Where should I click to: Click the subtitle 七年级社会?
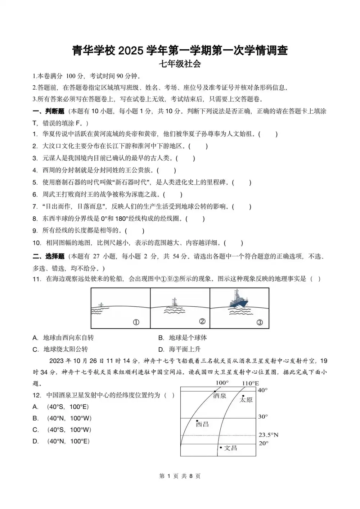pos(180,64)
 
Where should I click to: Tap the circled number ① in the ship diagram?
pos(136,322)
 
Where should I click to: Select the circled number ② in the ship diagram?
pos(202,321)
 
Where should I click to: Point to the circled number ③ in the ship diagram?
pos(260,322)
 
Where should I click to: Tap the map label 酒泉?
pos(220,396)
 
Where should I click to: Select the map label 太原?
pos(246,400)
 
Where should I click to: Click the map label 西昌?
pos(202,424)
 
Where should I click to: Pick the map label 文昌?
pos(230,448)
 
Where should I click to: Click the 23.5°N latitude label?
pos(269,435)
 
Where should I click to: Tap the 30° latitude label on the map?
pos(263,416)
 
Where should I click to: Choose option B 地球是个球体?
pos(183,338)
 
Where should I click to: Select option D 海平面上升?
pos(180,349)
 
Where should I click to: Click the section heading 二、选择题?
pos(48,256)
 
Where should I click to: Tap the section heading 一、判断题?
pos(48,111)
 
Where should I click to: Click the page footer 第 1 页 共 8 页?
pos(180,476)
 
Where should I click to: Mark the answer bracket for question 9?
pos(135,231)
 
